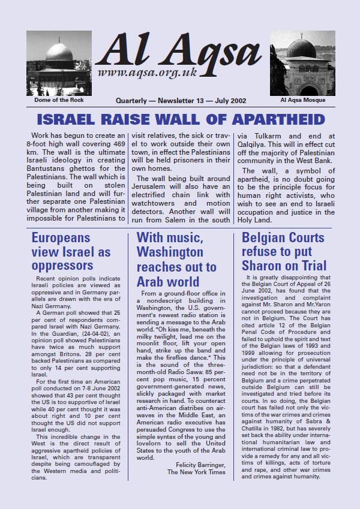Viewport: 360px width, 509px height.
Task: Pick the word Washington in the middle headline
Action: pos(170,252)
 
